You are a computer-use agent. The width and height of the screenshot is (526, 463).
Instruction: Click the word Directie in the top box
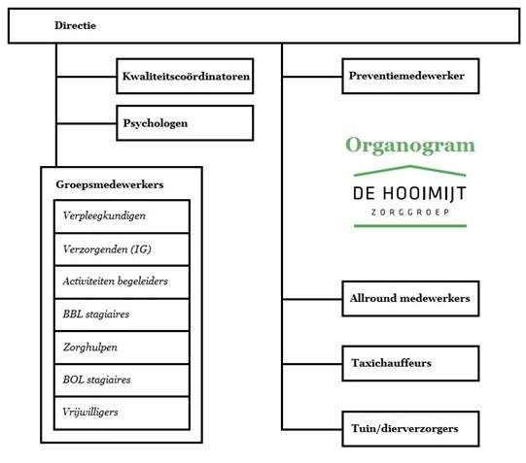point(75,25)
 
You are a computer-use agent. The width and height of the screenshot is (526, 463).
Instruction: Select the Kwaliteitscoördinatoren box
point(185,76)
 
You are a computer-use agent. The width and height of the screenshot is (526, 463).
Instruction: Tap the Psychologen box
point(185,123)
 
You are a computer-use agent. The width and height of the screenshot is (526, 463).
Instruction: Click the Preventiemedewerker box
point(410,76)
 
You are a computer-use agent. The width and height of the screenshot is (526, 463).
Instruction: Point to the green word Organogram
point(410,146)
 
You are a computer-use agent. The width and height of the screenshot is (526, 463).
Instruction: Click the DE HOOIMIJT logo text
point(409,194)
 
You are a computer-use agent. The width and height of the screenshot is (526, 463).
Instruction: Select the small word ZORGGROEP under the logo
point(410,213)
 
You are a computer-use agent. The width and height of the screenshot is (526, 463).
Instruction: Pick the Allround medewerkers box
point(410,299)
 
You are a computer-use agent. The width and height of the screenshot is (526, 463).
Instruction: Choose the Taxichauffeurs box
point(410,364)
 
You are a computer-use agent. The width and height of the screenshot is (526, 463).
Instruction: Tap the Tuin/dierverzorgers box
point(410,429)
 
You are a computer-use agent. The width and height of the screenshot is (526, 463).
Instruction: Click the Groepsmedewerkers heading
point(110,184)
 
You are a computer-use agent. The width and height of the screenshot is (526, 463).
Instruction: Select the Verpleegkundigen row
point(122,216)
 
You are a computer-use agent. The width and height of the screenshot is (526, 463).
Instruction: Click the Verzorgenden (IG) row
point(122,249)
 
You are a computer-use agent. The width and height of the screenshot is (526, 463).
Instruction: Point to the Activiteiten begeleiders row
point(122,281)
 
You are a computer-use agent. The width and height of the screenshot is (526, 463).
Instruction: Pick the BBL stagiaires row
point(122,314)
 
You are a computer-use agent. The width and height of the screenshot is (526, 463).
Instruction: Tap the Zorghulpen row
point(122,347)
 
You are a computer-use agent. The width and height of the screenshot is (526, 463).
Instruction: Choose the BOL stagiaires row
point(122,380)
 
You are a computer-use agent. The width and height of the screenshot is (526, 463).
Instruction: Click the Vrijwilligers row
point(122,413)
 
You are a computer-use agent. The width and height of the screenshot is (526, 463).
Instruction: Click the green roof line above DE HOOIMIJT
point(410,166)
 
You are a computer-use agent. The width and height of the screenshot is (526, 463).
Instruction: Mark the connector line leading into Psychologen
point(87,123)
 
